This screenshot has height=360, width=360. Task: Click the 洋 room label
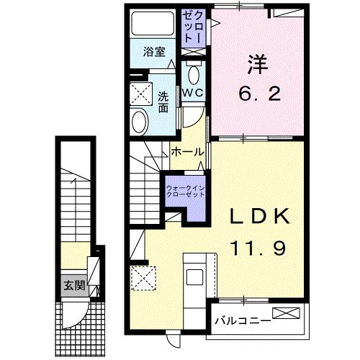tap(258, 66)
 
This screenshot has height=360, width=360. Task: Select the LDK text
tap(260, 217)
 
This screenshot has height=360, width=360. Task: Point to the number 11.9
tap(260, 248)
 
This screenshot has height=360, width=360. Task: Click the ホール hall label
tap(186, 152)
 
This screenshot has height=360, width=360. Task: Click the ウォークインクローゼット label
tap(185, 192)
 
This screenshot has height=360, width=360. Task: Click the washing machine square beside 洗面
tap(140, 94)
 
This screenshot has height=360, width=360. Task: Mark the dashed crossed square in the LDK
tap(144, 279)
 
